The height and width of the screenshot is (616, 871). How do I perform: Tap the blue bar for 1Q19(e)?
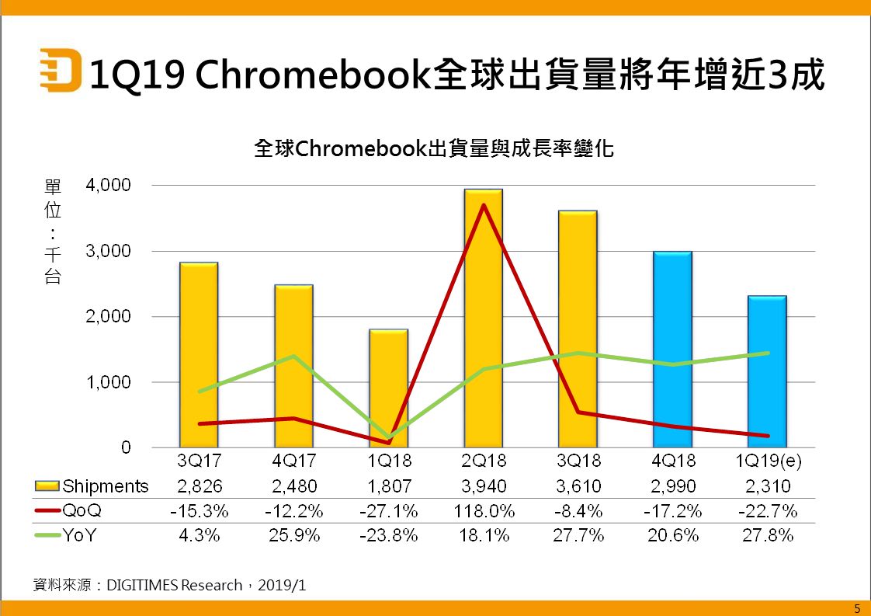[x=767, y=373]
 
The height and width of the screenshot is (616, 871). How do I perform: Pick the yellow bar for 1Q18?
[x=388, y=388]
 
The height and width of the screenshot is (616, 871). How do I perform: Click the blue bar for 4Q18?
[x=672, y=350]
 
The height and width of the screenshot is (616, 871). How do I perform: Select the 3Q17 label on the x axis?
[x=199, y=461]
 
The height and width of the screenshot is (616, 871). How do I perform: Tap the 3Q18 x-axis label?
[x=578, y=461]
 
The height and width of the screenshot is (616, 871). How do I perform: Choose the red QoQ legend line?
[x=49, y=511]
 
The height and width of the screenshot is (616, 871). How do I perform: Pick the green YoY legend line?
[x=49, y=536]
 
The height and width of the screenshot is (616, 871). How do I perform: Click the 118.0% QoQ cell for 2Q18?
[x=483, y=511]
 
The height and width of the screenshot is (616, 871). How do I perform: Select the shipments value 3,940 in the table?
[x=483, y=486]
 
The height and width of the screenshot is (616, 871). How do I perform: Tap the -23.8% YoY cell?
[x=388, y=536]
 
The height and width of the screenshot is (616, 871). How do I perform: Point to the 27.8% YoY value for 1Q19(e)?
[x=767, y=536]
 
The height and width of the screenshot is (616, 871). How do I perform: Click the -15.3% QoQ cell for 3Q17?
[x=199, y=511]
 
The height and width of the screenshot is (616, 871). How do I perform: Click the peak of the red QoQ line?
[x=484, y=205]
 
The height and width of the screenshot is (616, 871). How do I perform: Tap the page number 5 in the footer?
[x=857, y=607]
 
